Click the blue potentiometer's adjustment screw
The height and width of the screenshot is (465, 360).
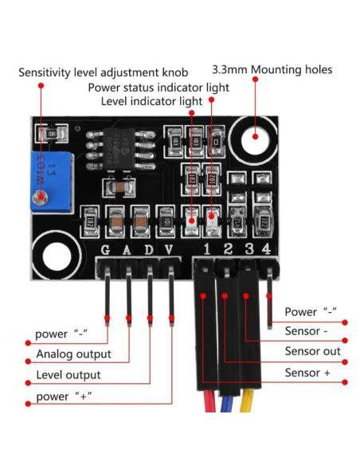click(40, 197)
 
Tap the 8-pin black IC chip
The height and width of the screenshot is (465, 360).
click(119, 150)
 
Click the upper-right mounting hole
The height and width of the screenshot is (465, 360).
click(255, 139)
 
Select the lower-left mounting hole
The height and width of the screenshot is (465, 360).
click(57, 256)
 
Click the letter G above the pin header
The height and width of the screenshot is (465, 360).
click(105, 250)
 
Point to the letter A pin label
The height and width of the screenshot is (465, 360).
click(127, 250)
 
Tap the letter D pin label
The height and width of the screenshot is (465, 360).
click(149, 250)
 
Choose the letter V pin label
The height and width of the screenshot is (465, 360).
click(169, 250)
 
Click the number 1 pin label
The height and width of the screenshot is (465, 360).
click(207, 248)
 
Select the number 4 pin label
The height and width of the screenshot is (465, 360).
click(266, 248)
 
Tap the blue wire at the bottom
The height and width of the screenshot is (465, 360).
click(227, 404)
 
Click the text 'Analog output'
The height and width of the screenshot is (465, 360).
click(73, 354)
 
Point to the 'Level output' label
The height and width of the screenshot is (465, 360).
click(68, 375)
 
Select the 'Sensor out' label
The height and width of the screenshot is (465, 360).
click(312, 351)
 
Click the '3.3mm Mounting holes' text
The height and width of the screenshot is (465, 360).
click(272, 70)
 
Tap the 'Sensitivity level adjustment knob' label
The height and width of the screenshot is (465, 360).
click(104, 72)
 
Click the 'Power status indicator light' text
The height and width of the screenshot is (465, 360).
click(158, 88)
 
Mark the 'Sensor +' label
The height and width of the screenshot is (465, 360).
click(307, 373)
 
